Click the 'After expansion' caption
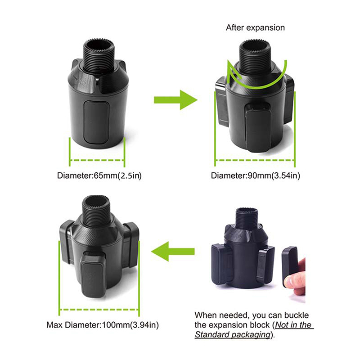coord(255,27)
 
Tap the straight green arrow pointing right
coord(175,100)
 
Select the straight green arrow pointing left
coord(173,252)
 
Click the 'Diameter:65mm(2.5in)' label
coord(99,175)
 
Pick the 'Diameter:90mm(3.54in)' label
coord(256,175)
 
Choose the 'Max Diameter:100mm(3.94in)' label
coord(103,325)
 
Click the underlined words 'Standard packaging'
coord(232,335)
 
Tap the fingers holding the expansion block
coord(295,278)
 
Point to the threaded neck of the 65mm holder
coord(98,56)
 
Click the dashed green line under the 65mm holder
coord(97,160)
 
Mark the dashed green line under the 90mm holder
coord(255,160)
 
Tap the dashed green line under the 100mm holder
coord(99,310)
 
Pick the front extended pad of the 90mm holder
coord(258,127)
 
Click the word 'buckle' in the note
coord(297,315)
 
